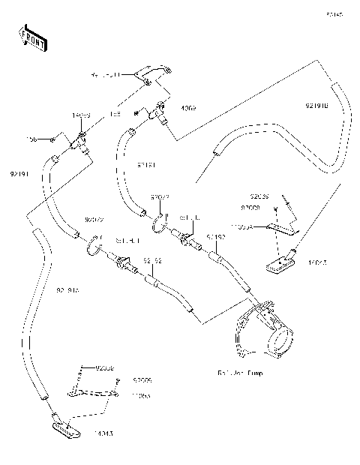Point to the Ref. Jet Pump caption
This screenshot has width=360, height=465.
tap(241, 372)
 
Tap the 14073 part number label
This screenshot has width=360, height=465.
tap(81, 115)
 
